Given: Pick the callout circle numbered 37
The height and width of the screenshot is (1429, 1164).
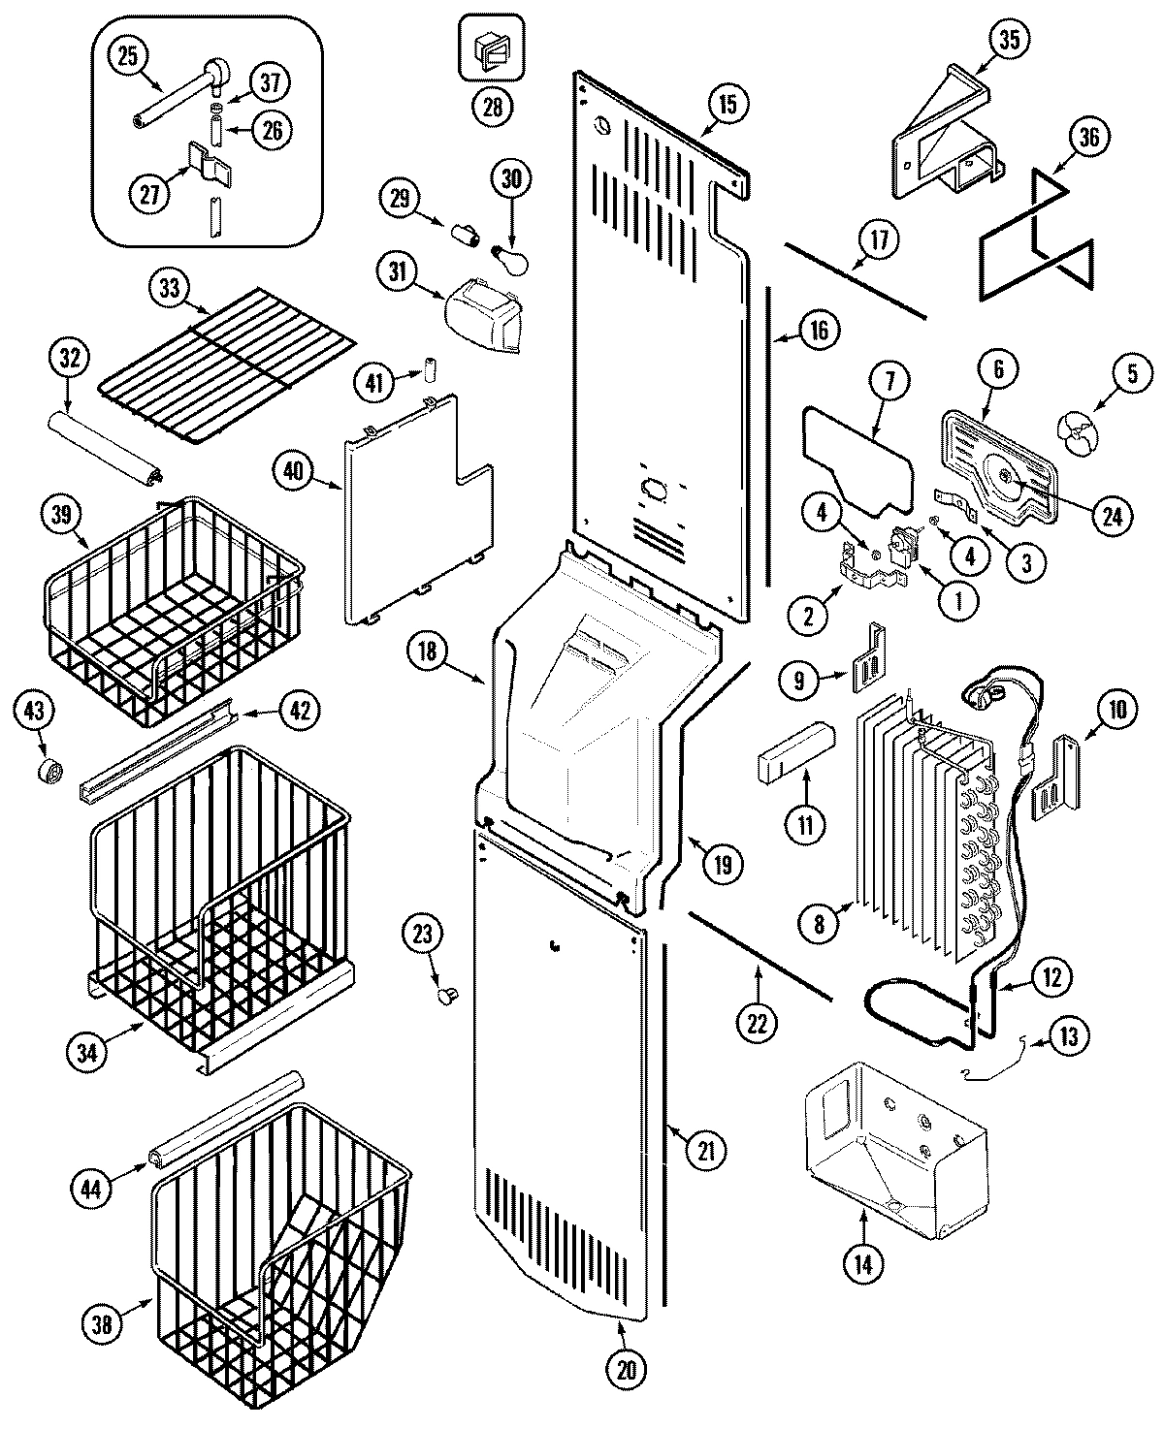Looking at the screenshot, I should click(270, 83).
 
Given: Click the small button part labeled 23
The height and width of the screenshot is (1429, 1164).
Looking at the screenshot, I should click(448, 993).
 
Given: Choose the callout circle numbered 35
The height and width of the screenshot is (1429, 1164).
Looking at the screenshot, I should click(1010, 41).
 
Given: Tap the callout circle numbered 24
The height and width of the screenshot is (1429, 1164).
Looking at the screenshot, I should click(1110, 516).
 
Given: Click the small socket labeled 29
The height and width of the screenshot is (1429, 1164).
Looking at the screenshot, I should click(468, 234).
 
